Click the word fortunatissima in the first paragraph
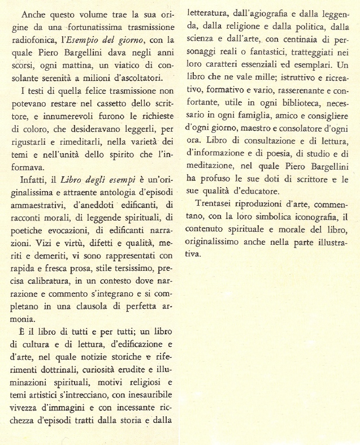(x=90, y=25)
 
